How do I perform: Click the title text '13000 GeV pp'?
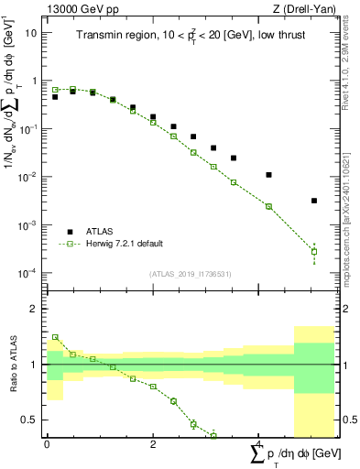[80, 8]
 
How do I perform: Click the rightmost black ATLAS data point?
[314, 201]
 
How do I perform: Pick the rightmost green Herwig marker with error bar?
[314, 251]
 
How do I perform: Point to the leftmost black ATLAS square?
[55, 96]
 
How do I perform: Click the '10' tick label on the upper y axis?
[31, 32]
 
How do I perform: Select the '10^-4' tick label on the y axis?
[27, 273]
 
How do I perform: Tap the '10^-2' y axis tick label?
[27, 177]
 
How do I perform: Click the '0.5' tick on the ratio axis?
[30, 420]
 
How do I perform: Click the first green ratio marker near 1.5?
[55, 337]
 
